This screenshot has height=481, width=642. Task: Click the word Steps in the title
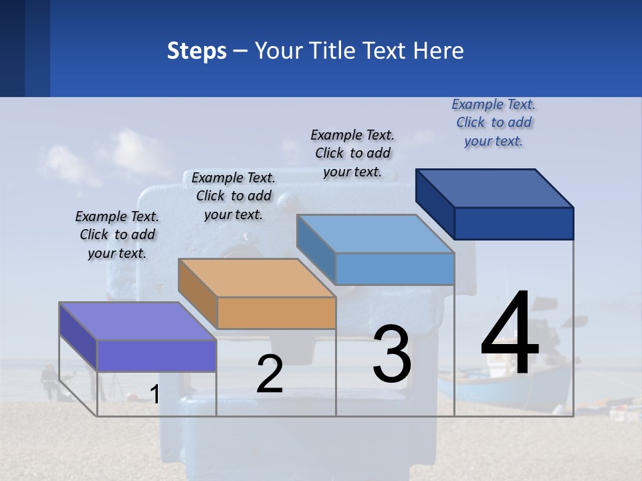[197, 51]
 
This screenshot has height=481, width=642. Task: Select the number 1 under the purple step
[154, 395]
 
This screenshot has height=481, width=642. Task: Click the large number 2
[270, 374]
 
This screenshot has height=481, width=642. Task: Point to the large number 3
[392, 354]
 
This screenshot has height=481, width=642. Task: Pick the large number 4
[510, 334]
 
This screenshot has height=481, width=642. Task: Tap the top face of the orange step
[257, 278]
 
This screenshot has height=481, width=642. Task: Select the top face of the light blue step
[375, 234]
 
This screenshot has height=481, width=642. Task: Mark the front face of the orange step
[276, 313]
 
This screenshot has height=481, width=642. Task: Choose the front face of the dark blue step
[514, 223]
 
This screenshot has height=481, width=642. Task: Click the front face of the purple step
[156, 355]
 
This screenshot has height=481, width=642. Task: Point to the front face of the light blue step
[395, 269]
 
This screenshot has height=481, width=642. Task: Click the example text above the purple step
[117, 234]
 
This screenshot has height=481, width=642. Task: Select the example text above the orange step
[233, 196]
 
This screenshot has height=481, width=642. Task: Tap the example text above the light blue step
[352, 153]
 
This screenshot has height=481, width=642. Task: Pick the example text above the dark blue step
[494, 122]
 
